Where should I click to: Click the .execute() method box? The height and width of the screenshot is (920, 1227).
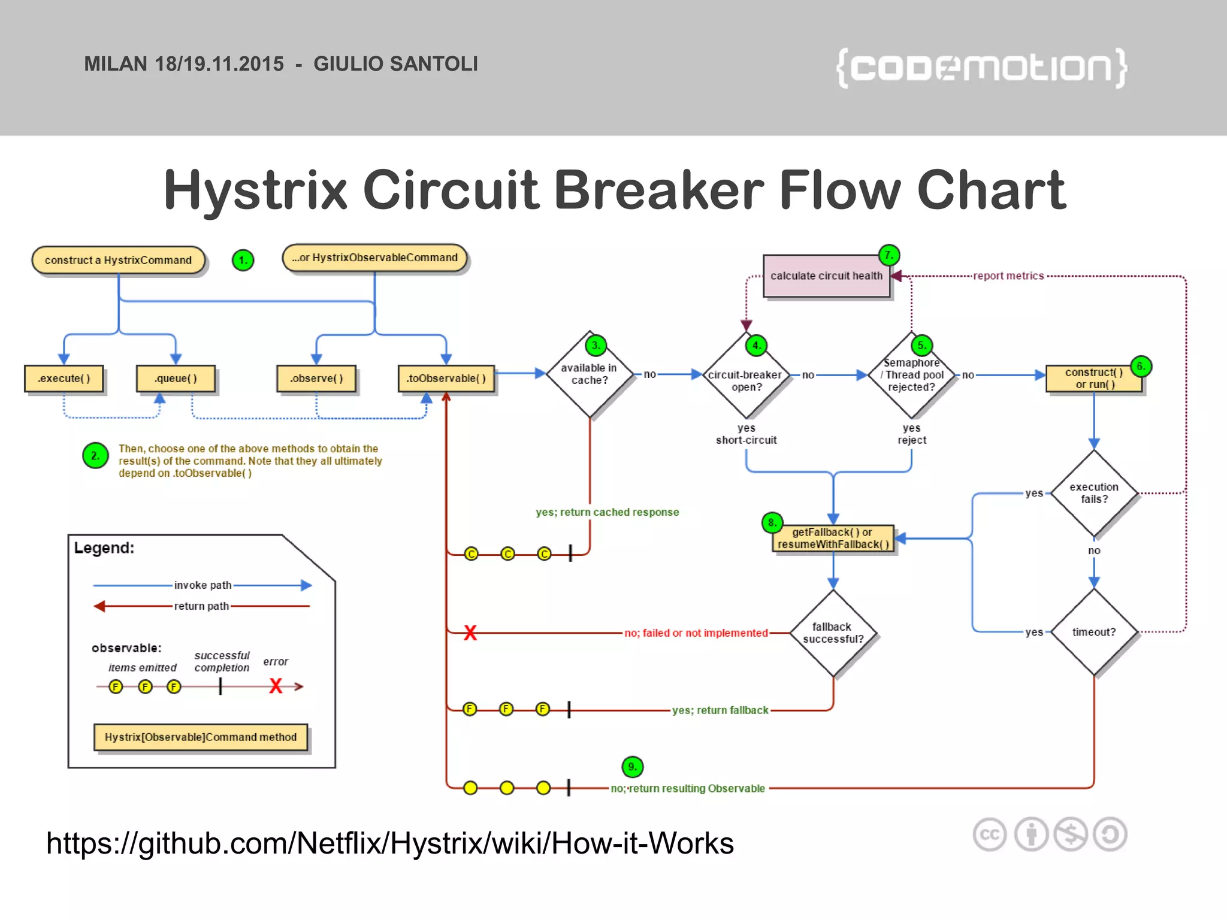click(64, 379)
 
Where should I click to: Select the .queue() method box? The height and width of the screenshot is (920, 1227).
click(176, 379)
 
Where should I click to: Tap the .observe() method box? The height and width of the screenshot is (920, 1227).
click(316, 379)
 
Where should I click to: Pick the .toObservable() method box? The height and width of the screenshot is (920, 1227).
click(446, 379)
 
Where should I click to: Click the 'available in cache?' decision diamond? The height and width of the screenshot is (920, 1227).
click(590, 374)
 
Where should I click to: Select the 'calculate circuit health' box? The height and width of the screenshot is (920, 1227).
click(826, 276)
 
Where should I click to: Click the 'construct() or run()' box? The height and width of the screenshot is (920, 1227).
click(1094, 379)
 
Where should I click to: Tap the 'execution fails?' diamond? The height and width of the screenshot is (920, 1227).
click(1094, 493)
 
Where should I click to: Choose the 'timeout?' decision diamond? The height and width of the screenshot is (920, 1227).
click(1094, 632)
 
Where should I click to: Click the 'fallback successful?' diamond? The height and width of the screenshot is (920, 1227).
click(833, 632)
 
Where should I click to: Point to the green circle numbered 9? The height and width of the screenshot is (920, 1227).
click(632, 767)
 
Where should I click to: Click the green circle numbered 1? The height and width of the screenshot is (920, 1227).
click(243, 260)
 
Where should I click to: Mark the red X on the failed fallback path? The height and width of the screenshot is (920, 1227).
click(470, 632)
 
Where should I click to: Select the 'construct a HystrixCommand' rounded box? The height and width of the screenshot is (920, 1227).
click(119, 260)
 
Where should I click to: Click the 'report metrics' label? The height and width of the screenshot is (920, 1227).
click(1008, 276)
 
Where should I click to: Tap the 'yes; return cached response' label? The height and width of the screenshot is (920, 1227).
click(607, 512)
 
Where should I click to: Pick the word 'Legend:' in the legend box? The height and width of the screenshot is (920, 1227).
click(104, 548)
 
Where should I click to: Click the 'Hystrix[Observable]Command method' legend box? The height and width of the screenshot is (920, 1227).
click(201, 737)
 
